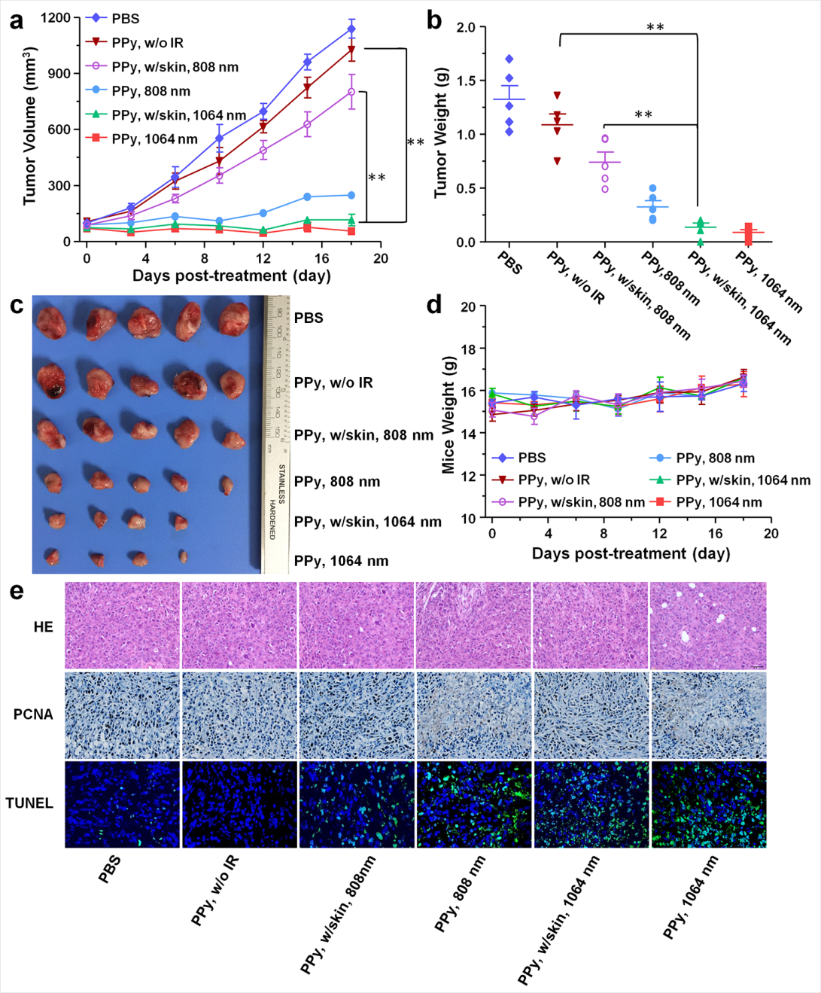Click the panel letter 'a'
pos(17,20)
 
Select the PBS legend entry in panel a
pos(125,18)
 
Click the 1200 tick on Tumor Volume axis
pos(55,17)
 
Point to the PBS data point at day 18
pos(351,29)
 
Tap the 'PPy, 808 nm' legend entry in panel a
pos(151,91)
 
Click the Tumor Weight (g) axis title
pos(440,134)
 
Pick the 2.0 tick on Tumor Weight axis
pos(466,28)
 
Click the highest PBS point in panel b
pos(509,59)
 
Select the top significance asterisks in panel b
pos(655,28)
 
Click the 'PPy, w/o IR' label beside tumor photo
pos(333,382)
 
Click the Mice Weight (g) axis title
pos(449,414)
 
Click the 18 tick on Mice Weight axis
pos(468,349)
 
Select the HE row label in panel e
pos(43,626)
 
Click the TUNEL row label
pos(29,803)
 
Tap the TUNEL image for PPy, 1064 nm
pos(708,804)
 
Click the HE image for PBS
pos(123,625)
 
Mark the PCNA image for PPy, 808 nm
pos(474,715)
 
